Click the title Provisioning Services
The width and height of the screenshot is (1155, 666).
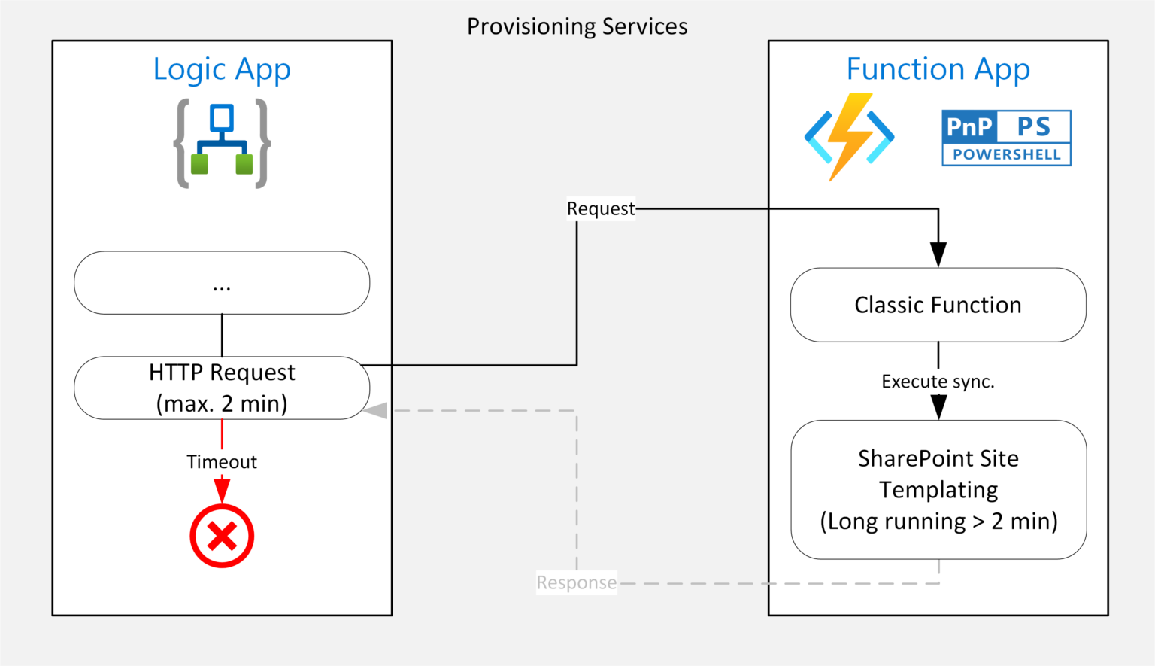(x=577, y=26)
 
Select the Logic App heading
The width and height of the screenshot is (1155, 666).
(x=222, y=69)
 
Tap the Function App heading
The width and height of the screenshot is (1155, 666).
(x=938, y=69)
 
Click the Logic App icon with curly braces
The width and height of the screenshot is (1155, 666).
(x=223, y=144)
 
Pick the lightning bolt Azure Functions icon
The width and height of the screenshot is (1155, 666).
(x=849, y=137)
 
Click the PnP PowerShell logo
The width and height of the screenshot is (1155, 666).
(x=1007, y=138)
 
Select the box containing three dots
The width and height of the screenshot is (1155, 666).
(x=222, y=283)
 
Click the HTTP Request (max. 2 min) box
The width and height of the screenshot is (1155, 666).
(x=222, y=388)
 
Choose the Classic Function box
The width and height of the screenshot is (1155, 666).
(x=938, y=305)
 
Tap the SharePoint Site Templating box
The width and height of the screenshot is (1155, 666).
(x=938, y=490)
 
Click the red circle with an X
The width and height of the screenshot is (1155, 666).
(x=222, y=536)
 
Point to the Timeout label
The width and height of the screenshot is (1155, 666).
(x=222, y=462)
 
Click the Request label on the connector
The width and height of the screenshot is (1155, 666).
(x=601, y=209)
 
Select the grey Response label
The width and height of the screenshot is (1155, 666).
(x=577, y=582)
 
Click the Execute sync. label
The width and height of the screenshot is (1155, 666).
(x=938, y=382)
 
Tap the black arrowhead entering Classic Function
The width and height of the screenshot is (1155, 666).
(x=938, y=255)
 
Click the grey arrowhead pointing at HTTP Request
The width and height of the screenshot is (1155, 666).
(x=375, y=411)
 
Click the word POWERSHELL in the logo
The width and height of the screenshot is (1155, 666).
(x=1007, y=154)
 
